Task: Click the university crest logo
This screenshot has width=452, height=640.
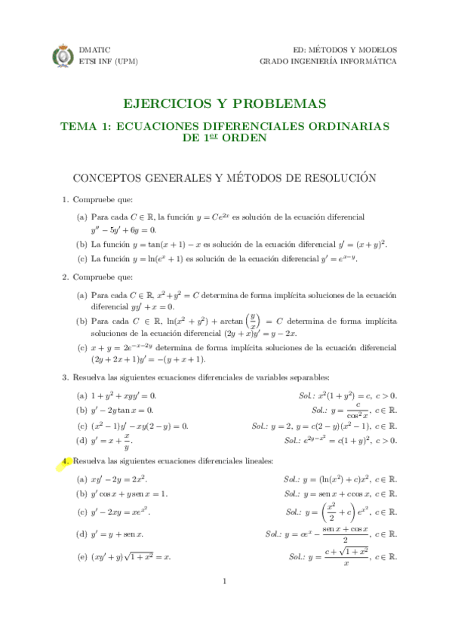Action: pos(63,56)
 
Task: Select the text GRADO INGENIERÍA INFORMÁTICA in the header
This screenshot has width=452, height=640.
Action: pos(328,62)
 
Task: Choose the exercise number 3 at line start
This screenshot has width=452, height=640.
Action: pos(65,377)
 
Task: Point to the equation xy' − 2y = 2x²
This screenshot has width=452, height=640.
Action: pos(119,479)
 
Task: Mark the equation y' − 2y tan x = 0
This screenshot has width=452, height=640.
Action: pos(122,410)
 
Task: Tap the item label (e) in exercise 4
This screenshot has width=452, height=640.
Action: pos(81,557)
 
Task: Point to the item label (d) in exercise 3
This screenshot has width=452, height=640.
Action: pos(81,440)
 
